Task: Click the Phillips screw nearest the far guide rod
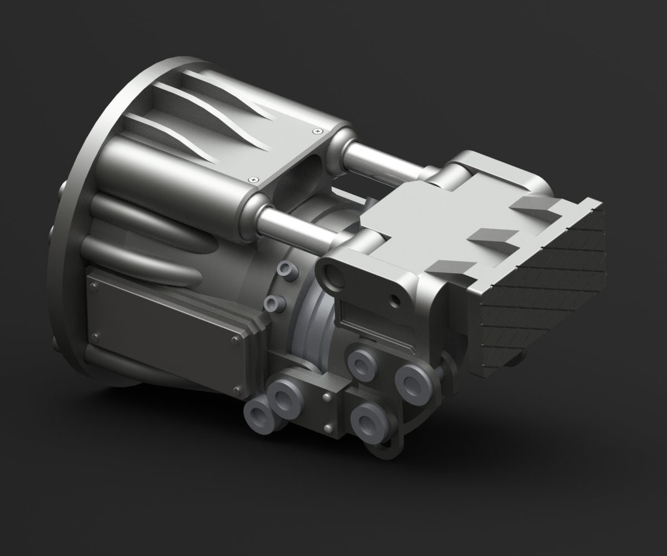[x=317, y=131]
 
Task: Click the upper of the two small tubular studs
[x=287, y=271]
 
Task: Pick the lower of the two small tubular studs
[x=272, y=304]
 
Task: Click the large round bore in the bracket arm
[x=336, y=276]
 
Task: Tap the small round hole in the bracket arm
[x=395, y=301]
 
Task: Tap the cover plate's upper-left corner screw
[x=93, y=287]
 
